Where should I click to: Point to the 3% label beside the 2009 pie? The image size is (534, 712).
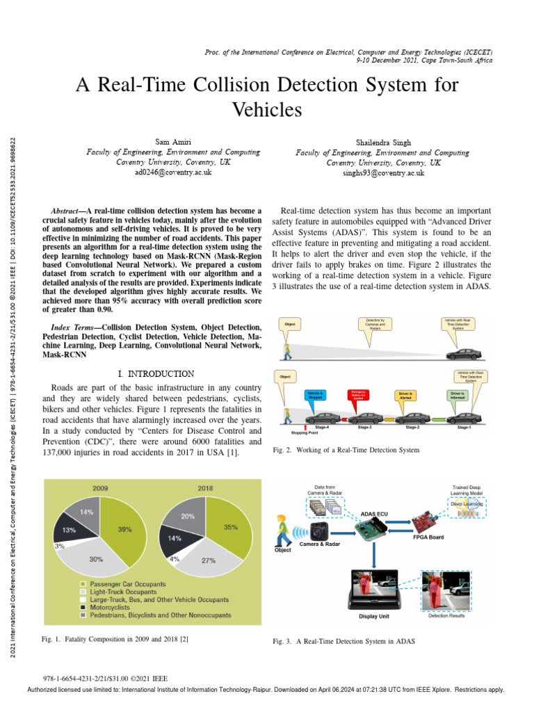coord(59,547)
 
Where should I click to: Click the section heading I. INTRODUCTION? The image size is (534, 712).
coord(151,374)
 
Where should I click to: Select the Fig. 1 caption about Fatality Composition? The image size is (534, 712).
coord(115,638)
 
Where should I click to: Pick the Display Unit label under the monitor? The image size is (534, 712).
coord(374,616)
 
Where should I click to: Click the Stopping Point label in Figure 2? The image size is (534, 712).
coord(305,431)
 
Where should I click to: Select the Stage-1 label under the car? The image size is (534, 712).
coord(464,427)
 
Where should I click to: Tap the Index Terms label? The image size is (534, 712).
coord(76,327)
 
